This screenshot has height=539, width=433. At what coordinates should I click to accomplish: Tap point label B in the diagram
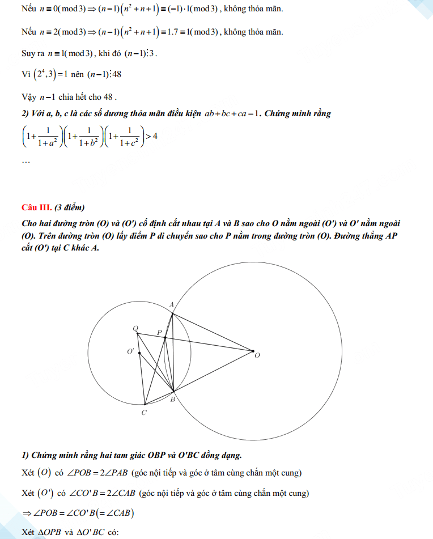[x=173, y=399]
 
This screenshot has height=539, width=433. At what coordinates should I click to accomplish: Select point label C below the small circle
[x=144, y=413]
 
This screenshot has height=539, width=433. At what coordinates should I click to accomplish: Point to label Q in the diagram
[x=135, y=328]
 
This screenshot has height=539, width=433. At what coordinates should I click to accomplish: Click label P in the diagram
[x=160, y=332]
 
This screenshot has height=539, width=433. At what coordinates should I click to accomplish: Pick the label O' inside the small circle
[x=131, y=351]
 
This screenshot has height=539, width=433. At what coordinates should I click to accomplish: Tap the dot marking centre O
[x=253, y=351]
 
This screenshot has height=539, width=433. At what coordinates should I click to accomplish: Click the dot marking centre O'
[x=139, y=353]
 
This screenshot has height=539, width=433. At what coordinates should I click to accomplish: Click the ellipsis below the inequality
[x=26, y=162]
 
